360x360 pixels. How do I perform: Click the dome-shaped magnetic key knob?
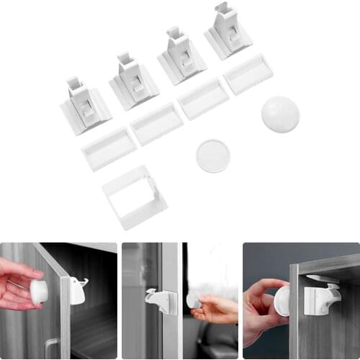coord(280,114)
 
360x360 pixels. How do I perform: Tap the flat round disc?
coord(213,156)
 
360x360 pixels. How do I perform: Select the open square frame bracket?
coord(135,197)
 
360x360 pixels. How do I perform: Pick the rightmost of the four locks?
coord(228,33)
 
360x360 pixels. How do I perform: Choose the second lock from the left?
coord(133,82)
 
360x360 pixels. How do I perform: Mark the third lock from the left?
coord(181,58)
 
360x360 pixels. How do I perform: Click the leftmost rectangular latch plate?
coord(109,148)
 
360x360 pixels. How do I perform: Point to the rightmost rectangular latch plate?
coord(248,73)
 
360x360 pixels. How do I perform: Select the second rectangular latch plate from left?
coord(156,122)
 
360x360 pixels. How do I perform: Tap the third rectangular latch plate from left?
coord(204,98)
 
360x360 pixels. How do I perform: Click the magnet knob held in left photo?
coord(39,291)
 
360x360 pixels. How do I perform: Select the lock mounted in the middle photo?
coord(161,301)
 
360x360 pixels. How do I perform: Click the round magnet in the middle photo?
coord(193,300)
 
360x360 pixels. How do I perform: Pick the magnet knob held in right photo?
coord(282,300)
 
